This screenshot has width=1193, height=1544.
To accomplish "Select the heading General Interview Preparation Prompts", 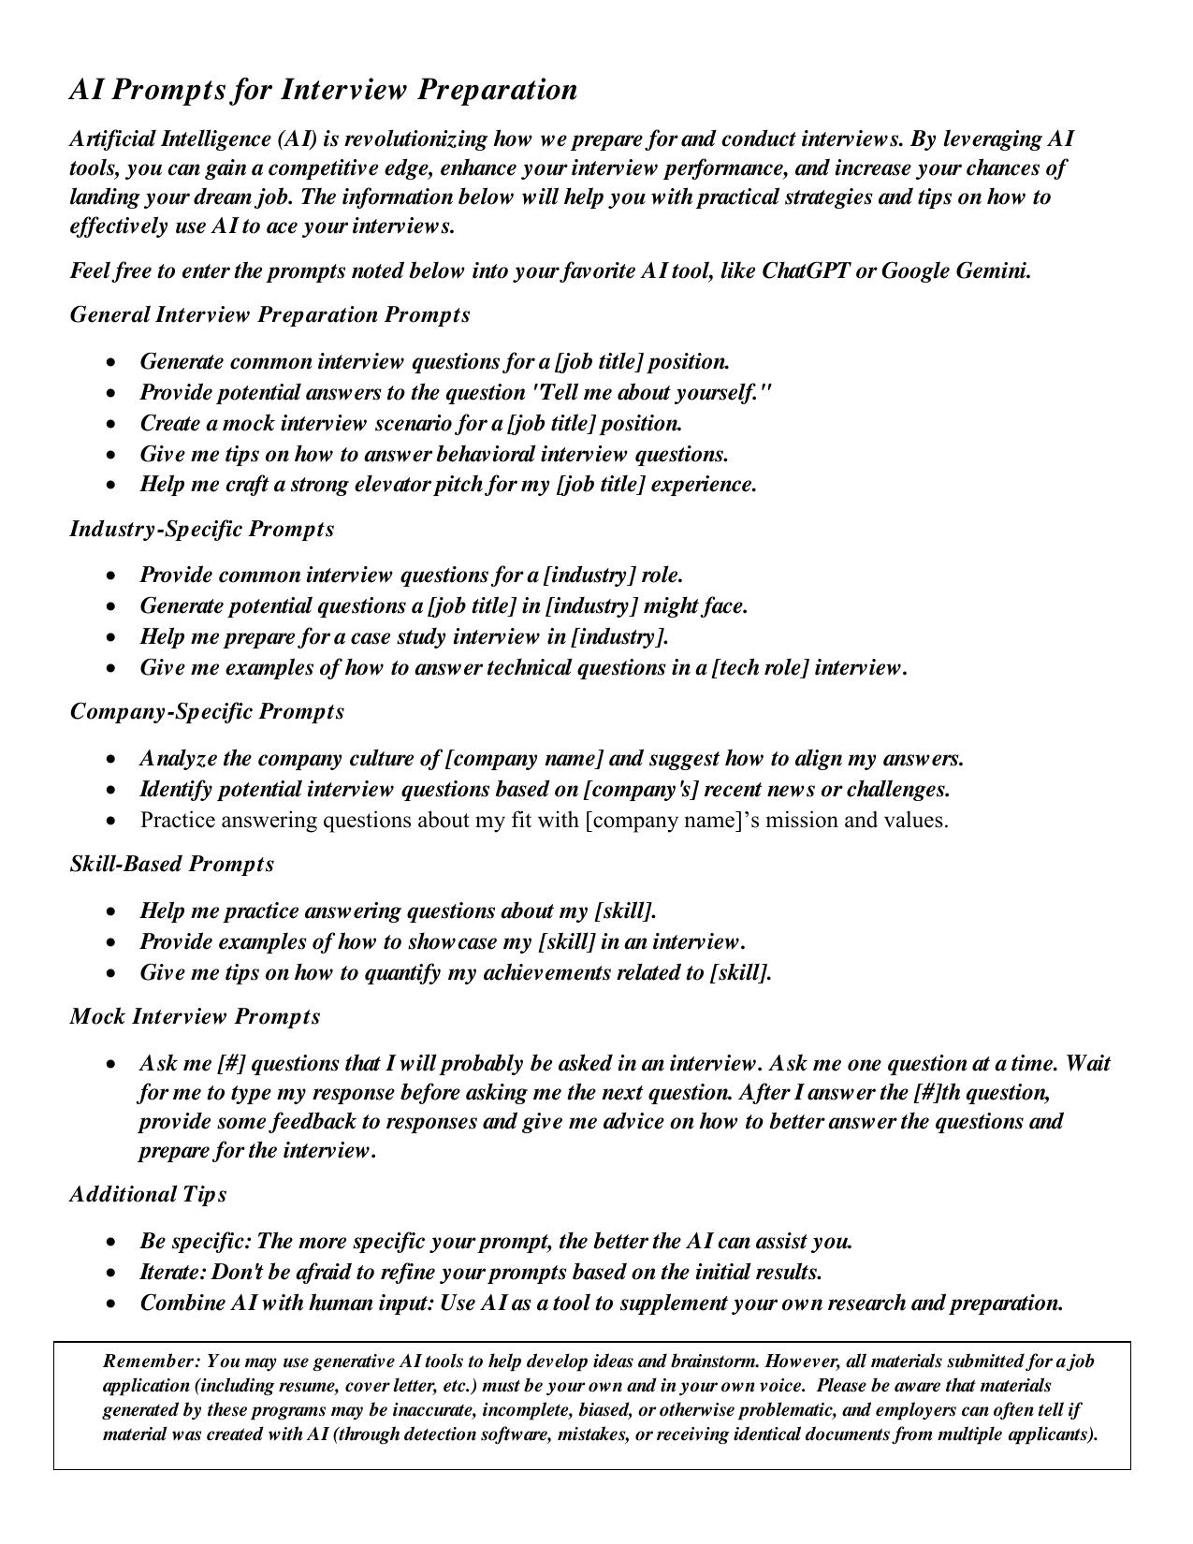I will pos(269,314).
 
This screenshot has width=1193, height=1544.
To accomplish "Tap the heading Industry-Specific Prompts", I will pos(201,529).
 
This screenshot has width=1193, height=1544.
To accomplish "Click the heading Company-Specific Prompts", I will pos(207,711).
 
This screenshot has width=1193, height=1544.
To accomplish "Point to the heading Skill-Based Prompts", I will pos(172,864).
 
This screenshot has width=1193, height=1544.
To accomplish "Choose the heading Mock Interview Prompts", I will pos(195,1016).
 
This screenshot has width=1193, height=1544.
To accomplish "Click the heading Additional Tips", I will pos(148,1194).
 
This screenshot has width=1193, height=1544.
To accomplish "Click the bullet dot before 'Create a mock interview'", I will pos(112,424).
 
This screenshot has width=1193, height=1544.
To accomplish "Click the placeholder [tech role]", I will pos(760,668).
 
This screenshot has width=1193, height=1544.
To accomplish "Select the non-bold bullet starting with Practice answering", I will pos(544,821).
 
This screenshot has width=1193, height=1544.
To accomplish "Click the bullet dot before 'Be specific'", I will pos(112,1243).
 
